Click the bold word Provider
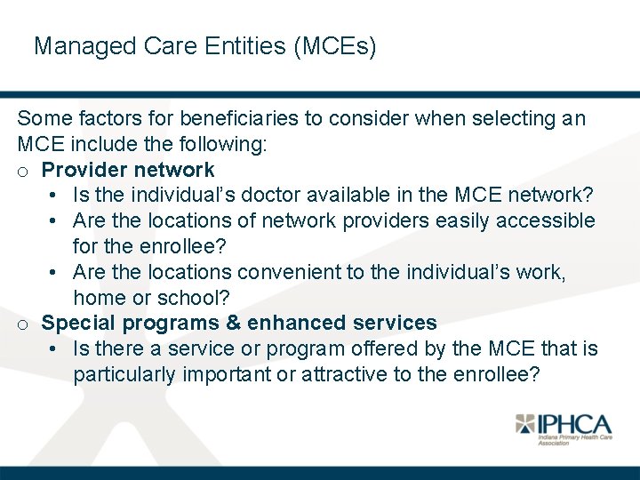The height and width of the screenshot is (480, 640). coord(84,170)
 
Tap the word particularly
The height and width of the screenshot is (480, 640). coord(124,374)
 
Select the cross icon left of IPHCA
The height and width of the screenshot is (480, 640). coord(527,424)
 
